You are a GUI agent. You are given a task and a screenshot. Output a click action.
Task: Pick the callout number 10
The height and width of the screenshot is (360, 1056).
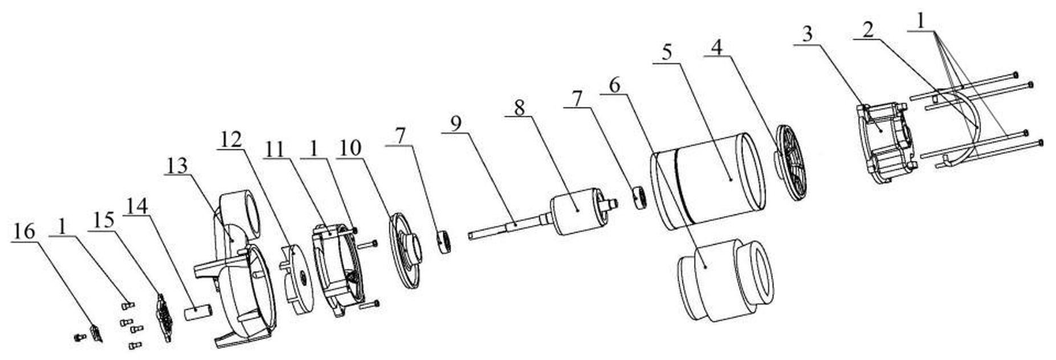349,147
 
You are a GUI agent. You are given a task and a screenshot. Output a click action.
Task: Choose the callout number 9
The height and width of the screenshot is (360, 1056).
456,123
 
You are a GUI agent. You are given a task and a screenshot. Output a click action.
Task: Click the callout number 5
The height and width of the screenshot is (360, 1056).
667,52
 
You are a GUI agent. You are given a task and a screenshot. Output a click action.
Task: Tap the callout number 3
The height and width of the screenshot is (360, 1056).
807,34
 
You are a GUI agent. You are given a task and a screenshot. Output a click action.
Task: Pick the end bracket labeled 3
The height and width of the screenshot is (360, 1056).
887,142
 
